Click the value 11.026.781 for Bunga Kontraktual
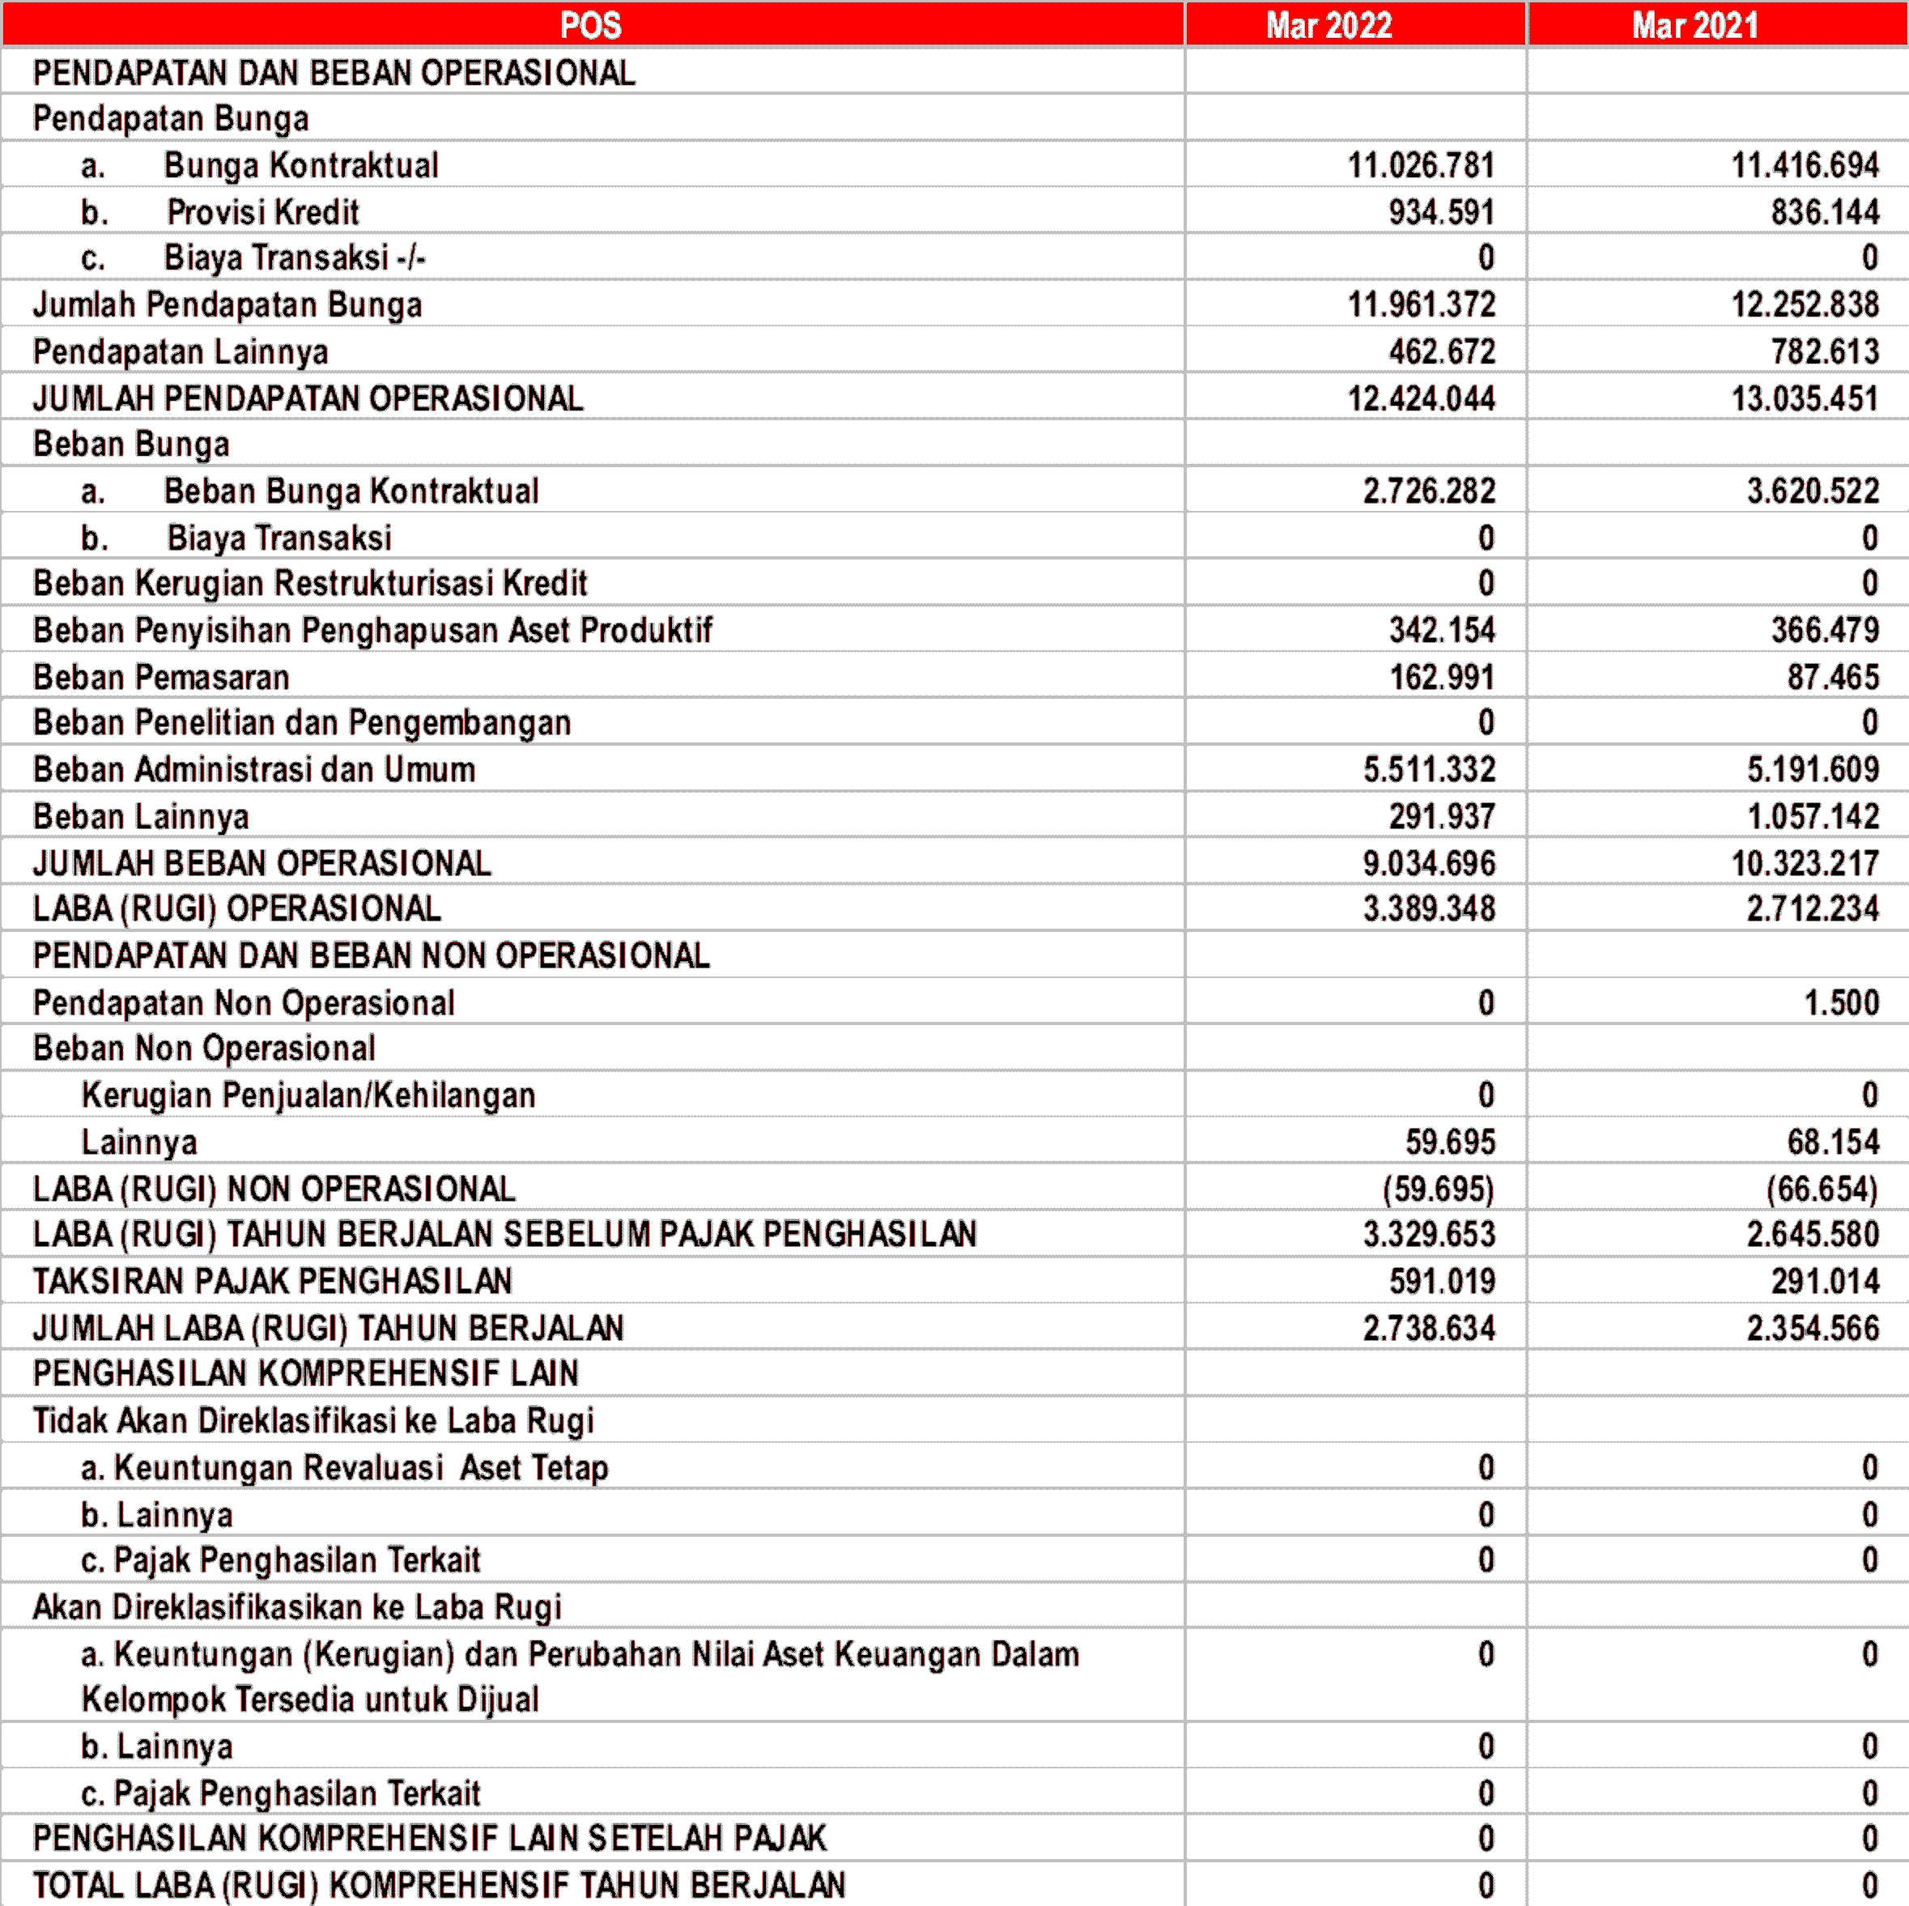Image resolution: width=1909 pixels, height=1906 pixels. click(x=1421, y=165)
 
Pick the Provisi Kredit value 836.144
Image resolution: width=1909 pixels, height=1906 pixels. click(x=1824, y=211)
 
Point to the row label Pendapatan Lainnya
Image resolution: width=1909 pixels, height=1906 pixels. click(x=180, y=351)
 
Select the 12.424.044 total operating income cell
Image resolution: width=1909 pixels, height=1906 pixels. click(x=1421, y=398)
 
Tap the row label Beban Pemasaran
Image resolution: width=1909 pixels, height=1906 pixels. click(x=161, y=677)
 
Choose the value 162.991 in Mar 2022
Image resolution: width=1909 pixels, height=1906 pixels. click(x=1442, y=677)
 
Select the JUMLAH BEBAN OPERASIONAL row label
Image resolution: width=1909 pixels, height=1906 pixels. click(x=261, y=862)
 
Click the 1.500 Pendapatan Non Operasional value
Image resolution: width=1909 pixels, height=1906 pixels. click(x=1841, y=1003)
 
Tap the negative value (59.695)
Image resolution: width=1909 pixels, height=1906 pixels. click(x=1438, y=1189)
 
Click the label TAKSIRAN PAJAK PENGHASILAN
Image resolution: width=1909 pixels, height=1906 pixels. click(x=273, y=1282)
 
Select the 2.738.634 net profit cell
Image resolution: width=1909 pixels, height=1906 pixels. click(x=1429, y=1328)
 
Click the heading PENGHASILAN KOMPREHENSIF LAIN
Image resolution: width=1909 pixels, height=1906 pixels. click(x=305, y=1373)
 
